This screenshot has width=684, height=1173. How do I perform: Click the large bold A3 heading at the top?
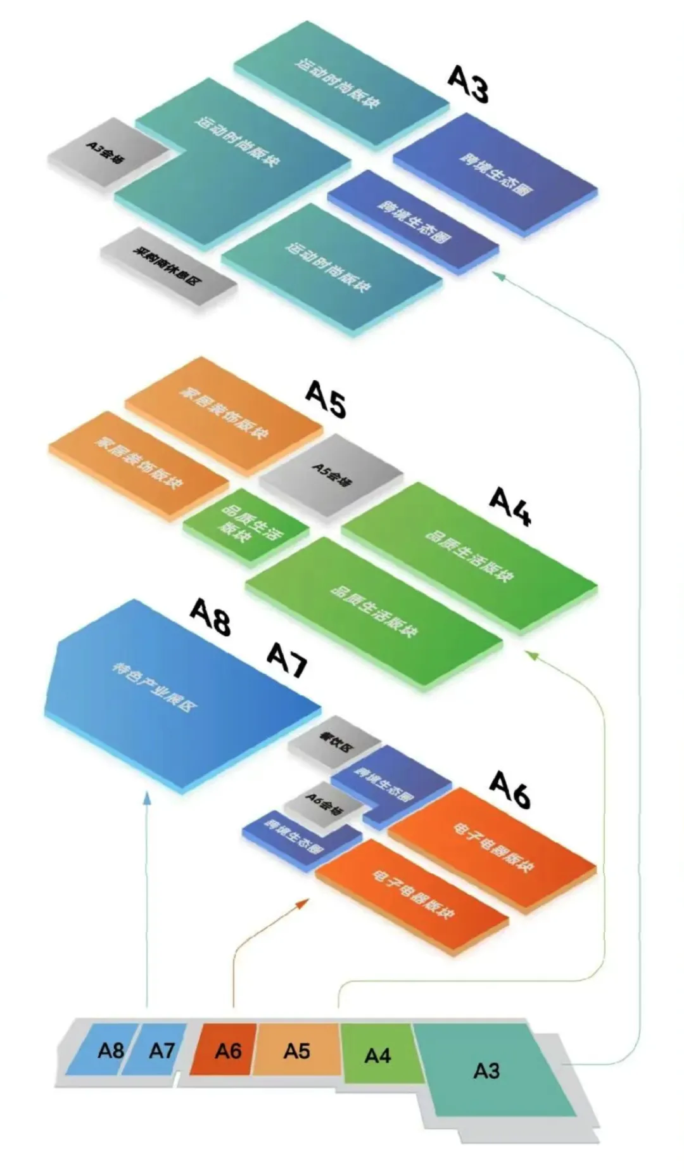point(469,85)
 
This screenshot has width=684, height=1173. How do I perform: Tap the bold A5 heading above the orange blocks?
point(326,400)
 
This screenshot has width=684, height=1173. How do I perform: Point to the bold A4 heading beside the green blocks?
point(510,507)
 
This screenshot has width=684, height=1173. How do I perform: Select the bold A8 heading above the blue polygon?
point(211,617)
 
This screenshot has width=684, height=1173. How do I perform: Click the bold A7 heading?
point(287,660)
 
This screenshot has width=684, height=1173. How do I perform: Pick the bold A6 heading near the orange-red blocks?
point(510,790)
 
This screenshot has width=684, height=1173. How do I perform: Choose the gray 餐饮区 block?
point(334,741)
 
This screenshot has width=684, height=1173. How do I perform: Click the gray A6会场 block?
point(323,805)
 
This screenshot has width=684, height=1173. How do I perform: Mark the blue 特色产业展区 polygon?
point(171,691)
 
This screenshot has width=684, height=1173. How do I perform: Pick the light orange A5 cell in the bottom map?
point(296,1050)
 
